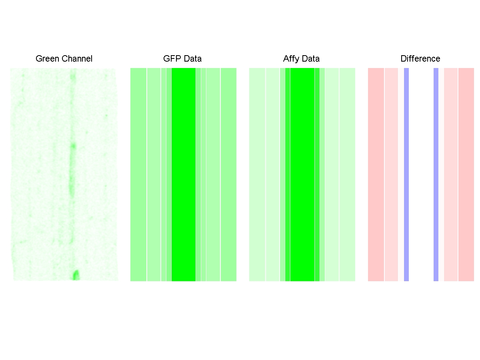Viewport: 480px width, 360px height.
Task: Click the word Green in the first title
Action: [x=45, y=59]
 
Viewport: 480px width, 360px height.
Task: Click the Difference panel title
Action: [x=420, y=59]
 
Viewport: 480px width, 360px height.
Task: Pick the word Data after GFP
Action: [x=192, y=59]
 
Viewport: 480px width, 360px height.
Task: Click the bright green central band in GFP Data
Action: [x=184, y=174]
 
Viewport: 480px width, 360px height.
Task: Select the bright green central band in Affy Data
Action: [x=302, y=174]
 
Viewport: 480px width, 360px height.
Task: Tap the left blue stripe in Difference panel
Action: [x=406, y=174]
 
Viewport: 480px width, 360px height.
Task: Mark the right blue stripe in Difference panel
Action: [x=436, y=174]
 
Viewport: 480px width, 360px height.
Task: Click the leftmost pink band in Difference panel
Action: [x=376, y=174]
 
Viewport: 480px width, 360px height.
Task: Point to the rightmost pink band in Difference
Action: [x=466, y=174]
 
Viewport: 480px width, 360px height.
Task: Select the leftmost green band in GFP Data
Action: [x=138, y=174]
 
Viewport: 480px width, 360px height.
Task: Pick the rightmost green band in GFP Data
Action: [x=228, y=174]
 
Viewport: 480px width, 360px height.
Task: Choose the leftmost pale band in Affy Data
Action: [x=257, y=174]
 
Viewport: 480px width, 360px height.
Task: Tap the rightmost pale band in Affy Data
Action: [x=347, y=174]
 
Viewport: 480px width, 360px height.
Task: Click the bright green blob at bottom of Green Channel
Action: [x=75, y=275]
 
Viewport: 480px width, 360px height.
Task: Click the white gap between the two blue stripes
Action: [x=421, y=174]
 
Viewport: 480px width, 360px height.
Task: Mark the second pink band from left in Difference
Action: [x=391, y=174]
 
